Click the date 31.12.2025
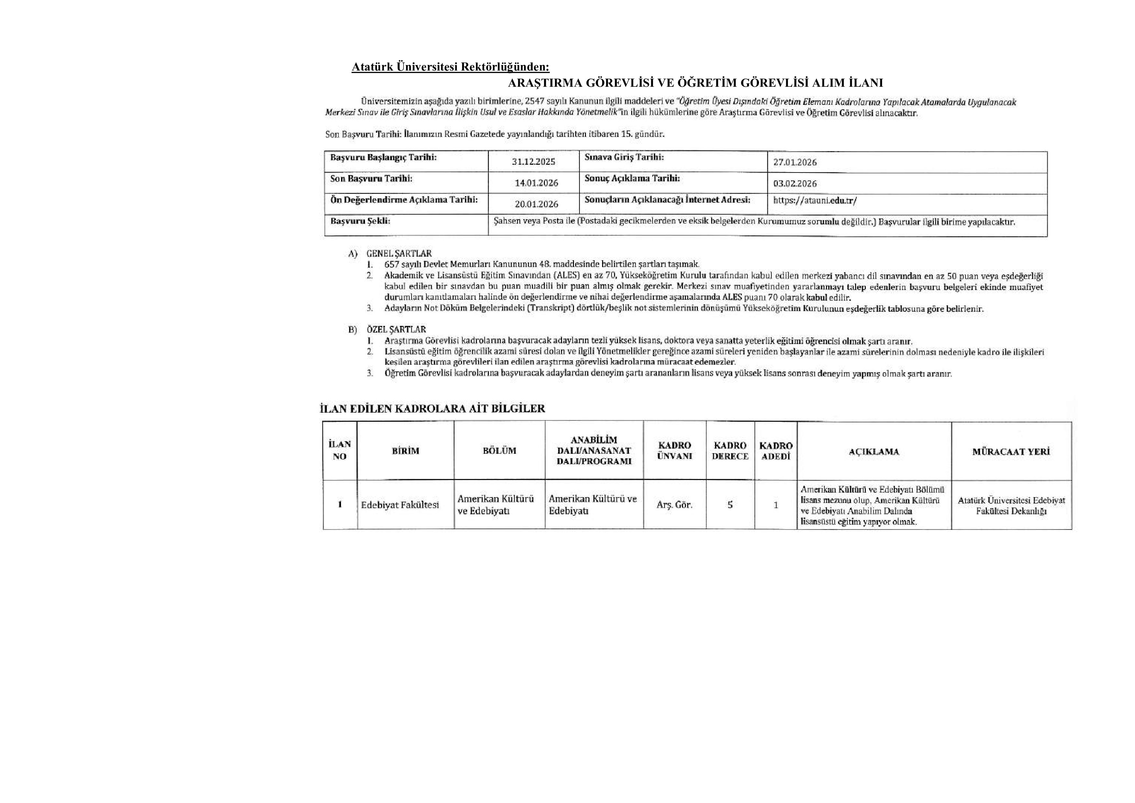coord(534,162)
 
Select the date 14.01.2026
coord(536,183)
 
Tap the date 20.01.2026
coord(536,204)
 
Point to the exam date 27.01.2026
coord(795,162)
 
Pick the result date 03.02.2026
coord(795,184)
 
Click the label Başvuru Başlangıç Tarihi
coord(383,158)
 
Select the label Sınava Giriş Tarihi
coord(624,157)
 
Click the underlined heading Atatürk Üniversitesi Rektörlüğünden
coord(450,67)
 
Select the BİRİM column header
coord(405,451)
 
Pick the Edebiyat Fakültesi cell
coord(400,505)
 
